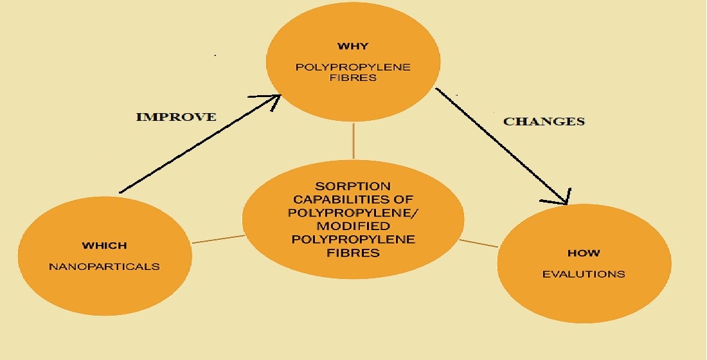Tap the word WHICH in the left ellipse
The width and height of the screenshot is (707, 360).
(x=104, y=246)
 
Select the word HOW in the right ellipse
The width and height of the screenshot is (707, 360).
(x=584, y=253)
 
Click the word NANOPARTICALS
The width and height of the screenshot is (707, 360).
(x=104, y=266)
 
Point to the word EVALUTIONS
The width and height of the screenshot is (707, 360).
(x=584, y=274)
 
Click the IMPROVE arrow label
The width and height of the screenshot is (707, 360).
(x=176, y=117)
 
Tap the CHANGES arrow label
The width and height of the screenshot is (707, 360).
(x=544, y=121)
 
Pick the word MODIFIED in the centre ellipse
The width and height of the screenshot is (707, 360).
(x=353, y=228)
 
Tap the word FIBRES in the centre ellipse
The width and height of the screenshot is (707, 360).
(x=353, y=252)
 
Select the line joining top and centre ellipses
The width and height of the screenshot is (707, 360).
(x=353, y=141)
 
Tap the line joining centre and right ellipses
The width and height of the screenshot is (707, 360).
(x=479, y=243)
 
